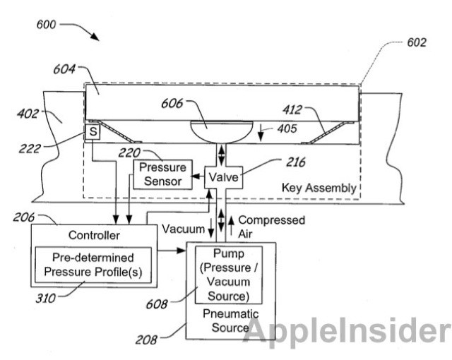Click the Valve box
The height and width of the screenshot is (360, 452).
pos(223,176)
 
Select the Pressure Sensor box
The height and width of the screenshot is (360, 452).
pos(162,174)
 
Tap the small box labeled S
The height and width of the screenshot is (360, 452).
pos(92,132)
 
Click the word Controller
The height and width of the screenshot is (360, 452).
pos(93,235)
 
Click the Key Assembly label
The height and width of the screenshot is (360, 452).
pos(319,188)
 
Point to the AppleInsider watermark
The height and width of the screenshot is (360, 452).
pos(348,330)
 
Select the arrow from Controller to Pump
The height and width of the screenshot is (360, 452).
pos(170,250)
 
